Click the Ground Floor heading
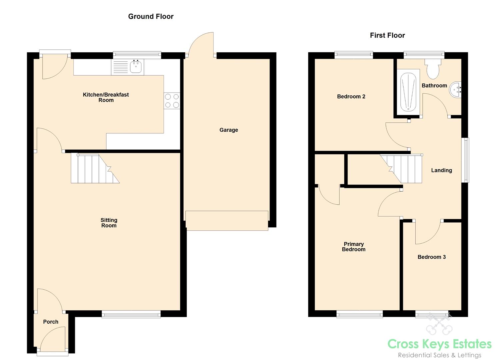151,16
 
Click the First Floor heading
387,35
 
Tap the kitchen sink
136,67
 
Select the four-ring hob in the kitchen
172,101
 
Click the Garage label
229,130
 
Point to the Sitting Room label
109,223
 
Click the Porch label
51,322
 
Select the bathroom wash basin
456,89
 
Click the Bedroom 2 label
351,97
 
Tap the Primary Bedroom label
354,247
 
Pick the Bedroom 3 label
432,257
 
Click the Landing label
441,170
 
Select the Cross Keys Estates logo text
439,344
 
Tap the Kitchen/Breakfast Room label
106,97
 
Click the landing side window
465,160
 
